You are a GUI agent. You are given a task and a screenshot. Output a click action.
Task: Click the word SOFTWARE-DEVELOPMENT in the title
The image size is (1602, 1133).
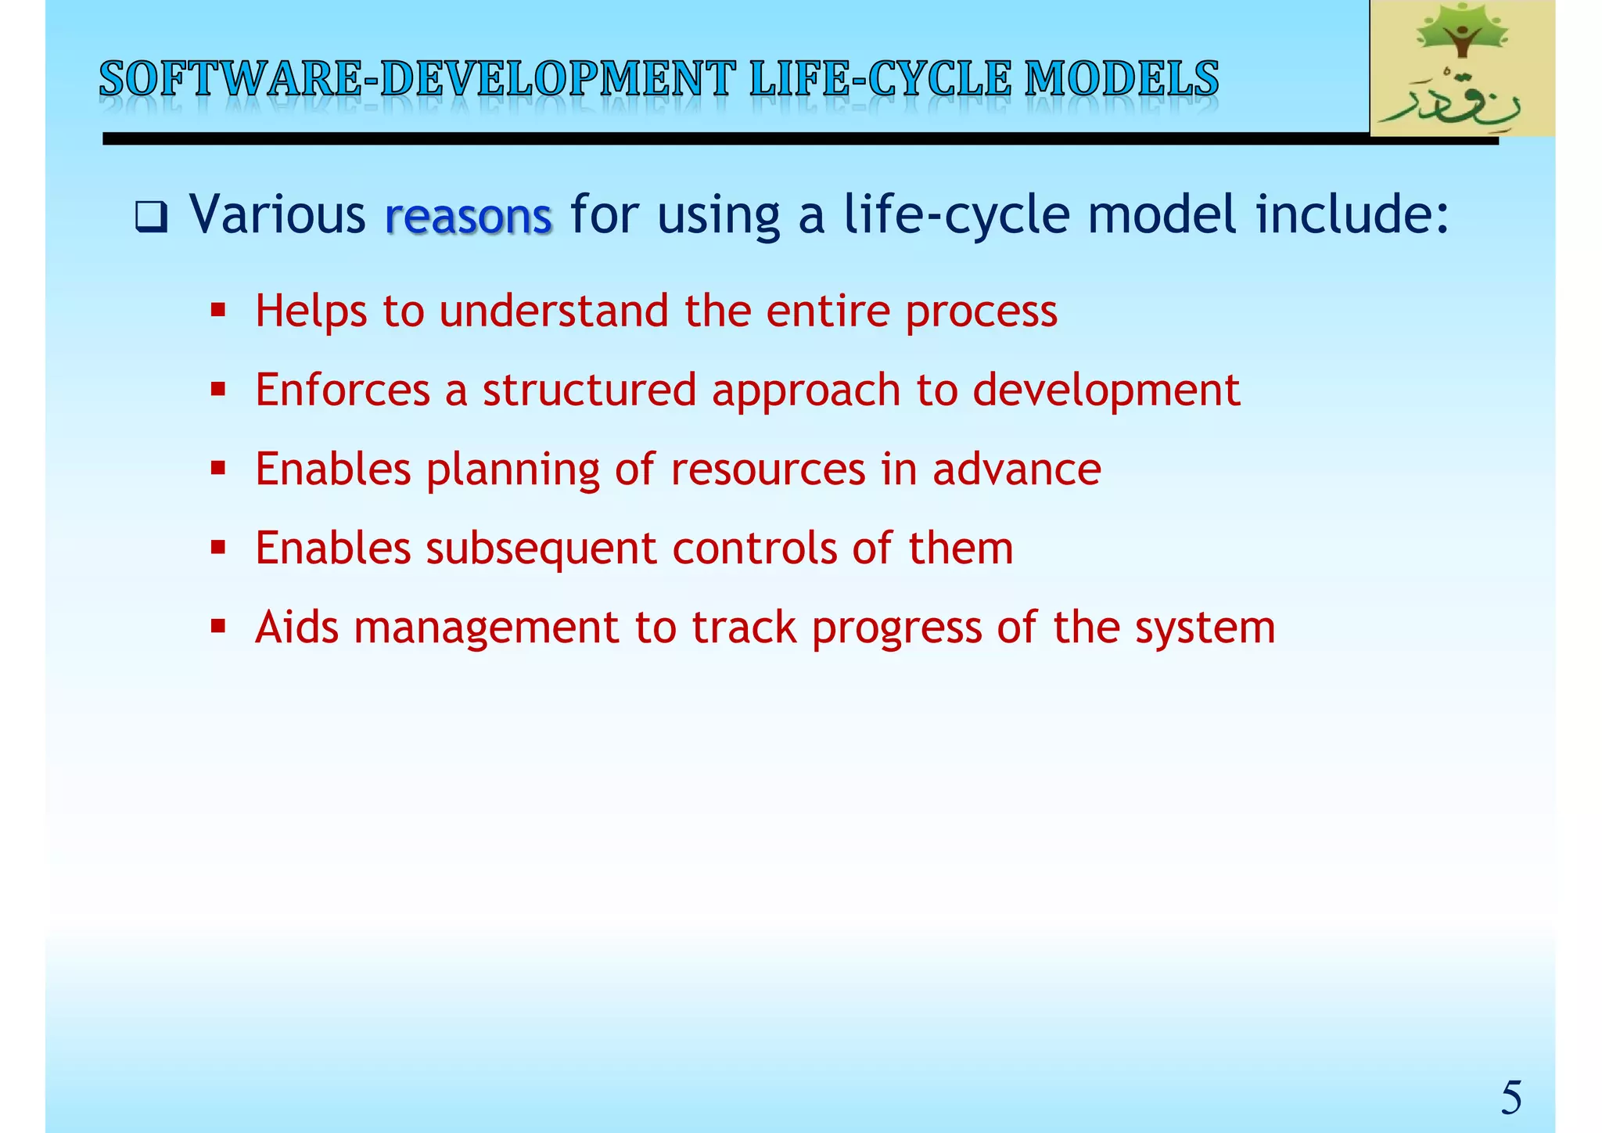click(417, 80)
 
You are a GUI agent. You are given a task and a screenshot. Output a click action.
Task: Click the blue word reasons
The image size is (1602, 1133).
click(469, 215)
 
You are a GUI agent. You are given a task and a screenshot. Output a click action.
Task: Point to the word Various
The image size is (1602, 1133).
click(278, 214)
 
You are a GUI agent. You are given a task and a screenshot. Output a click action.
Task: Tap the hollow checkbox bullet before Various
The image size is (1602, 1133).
click(151, 217)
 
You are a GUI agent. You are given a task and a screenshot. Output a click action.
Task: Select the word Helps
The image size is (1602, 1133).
click(311, 311)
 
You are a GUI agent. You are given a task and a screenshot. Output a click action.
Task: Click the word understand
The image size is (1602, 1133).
click(554, 311)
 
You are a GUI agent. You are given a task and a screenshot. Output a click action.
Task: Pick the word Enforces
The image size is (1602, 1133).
click(342, 390)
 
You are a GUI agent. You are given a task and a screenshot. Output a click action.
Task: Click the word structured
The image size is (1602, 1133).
click(589, 390)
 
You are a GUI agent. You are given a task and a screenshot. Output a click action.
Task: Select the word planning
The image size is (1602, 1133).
click(512, 470)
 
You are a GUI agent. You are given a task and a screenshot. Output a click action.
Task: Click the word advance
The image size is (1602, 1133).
click(1016, 469)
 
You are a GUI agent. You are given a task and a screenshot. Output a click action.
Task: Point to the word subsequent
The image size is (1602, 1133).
click(541, 549)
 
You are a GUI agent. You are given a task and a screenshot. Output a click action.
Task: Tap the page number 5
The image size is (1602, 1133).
click(1510, 1097)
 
